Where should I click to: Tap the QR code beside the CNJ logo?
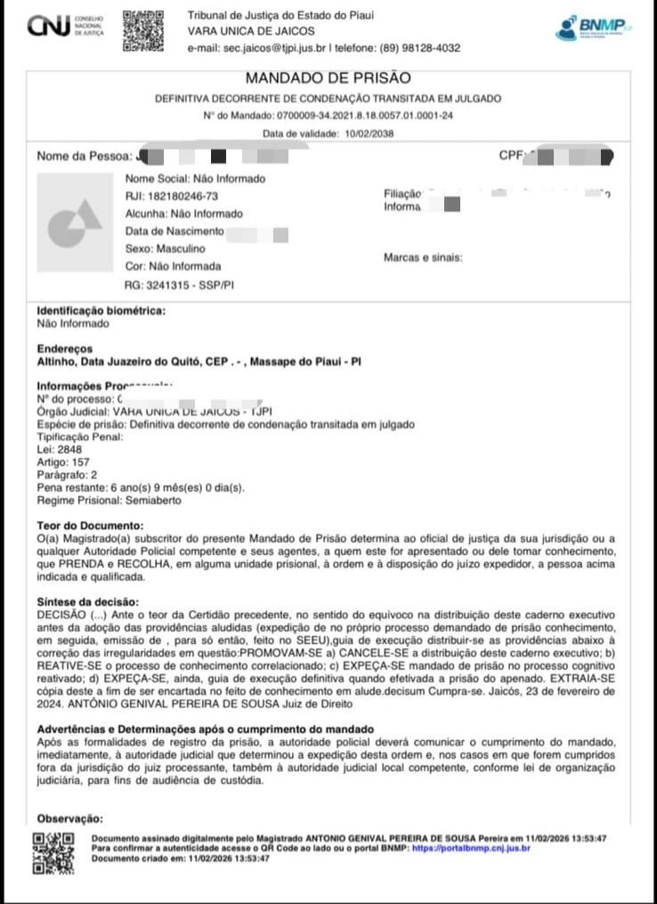click(x=143, y=29)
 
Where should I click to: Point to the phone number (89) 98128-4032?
click(x=420, y=48)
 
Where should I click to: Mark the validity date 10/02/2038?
click(x=369, y=134)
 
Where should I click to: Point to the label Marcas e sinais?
click(x=423, y=257)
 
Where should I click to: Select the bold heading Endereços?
click(x=64, y=349)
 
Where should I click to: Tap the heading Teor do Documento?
click(x=90, y=525)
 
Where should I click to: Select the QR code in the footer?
click(x=53, y=853)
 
